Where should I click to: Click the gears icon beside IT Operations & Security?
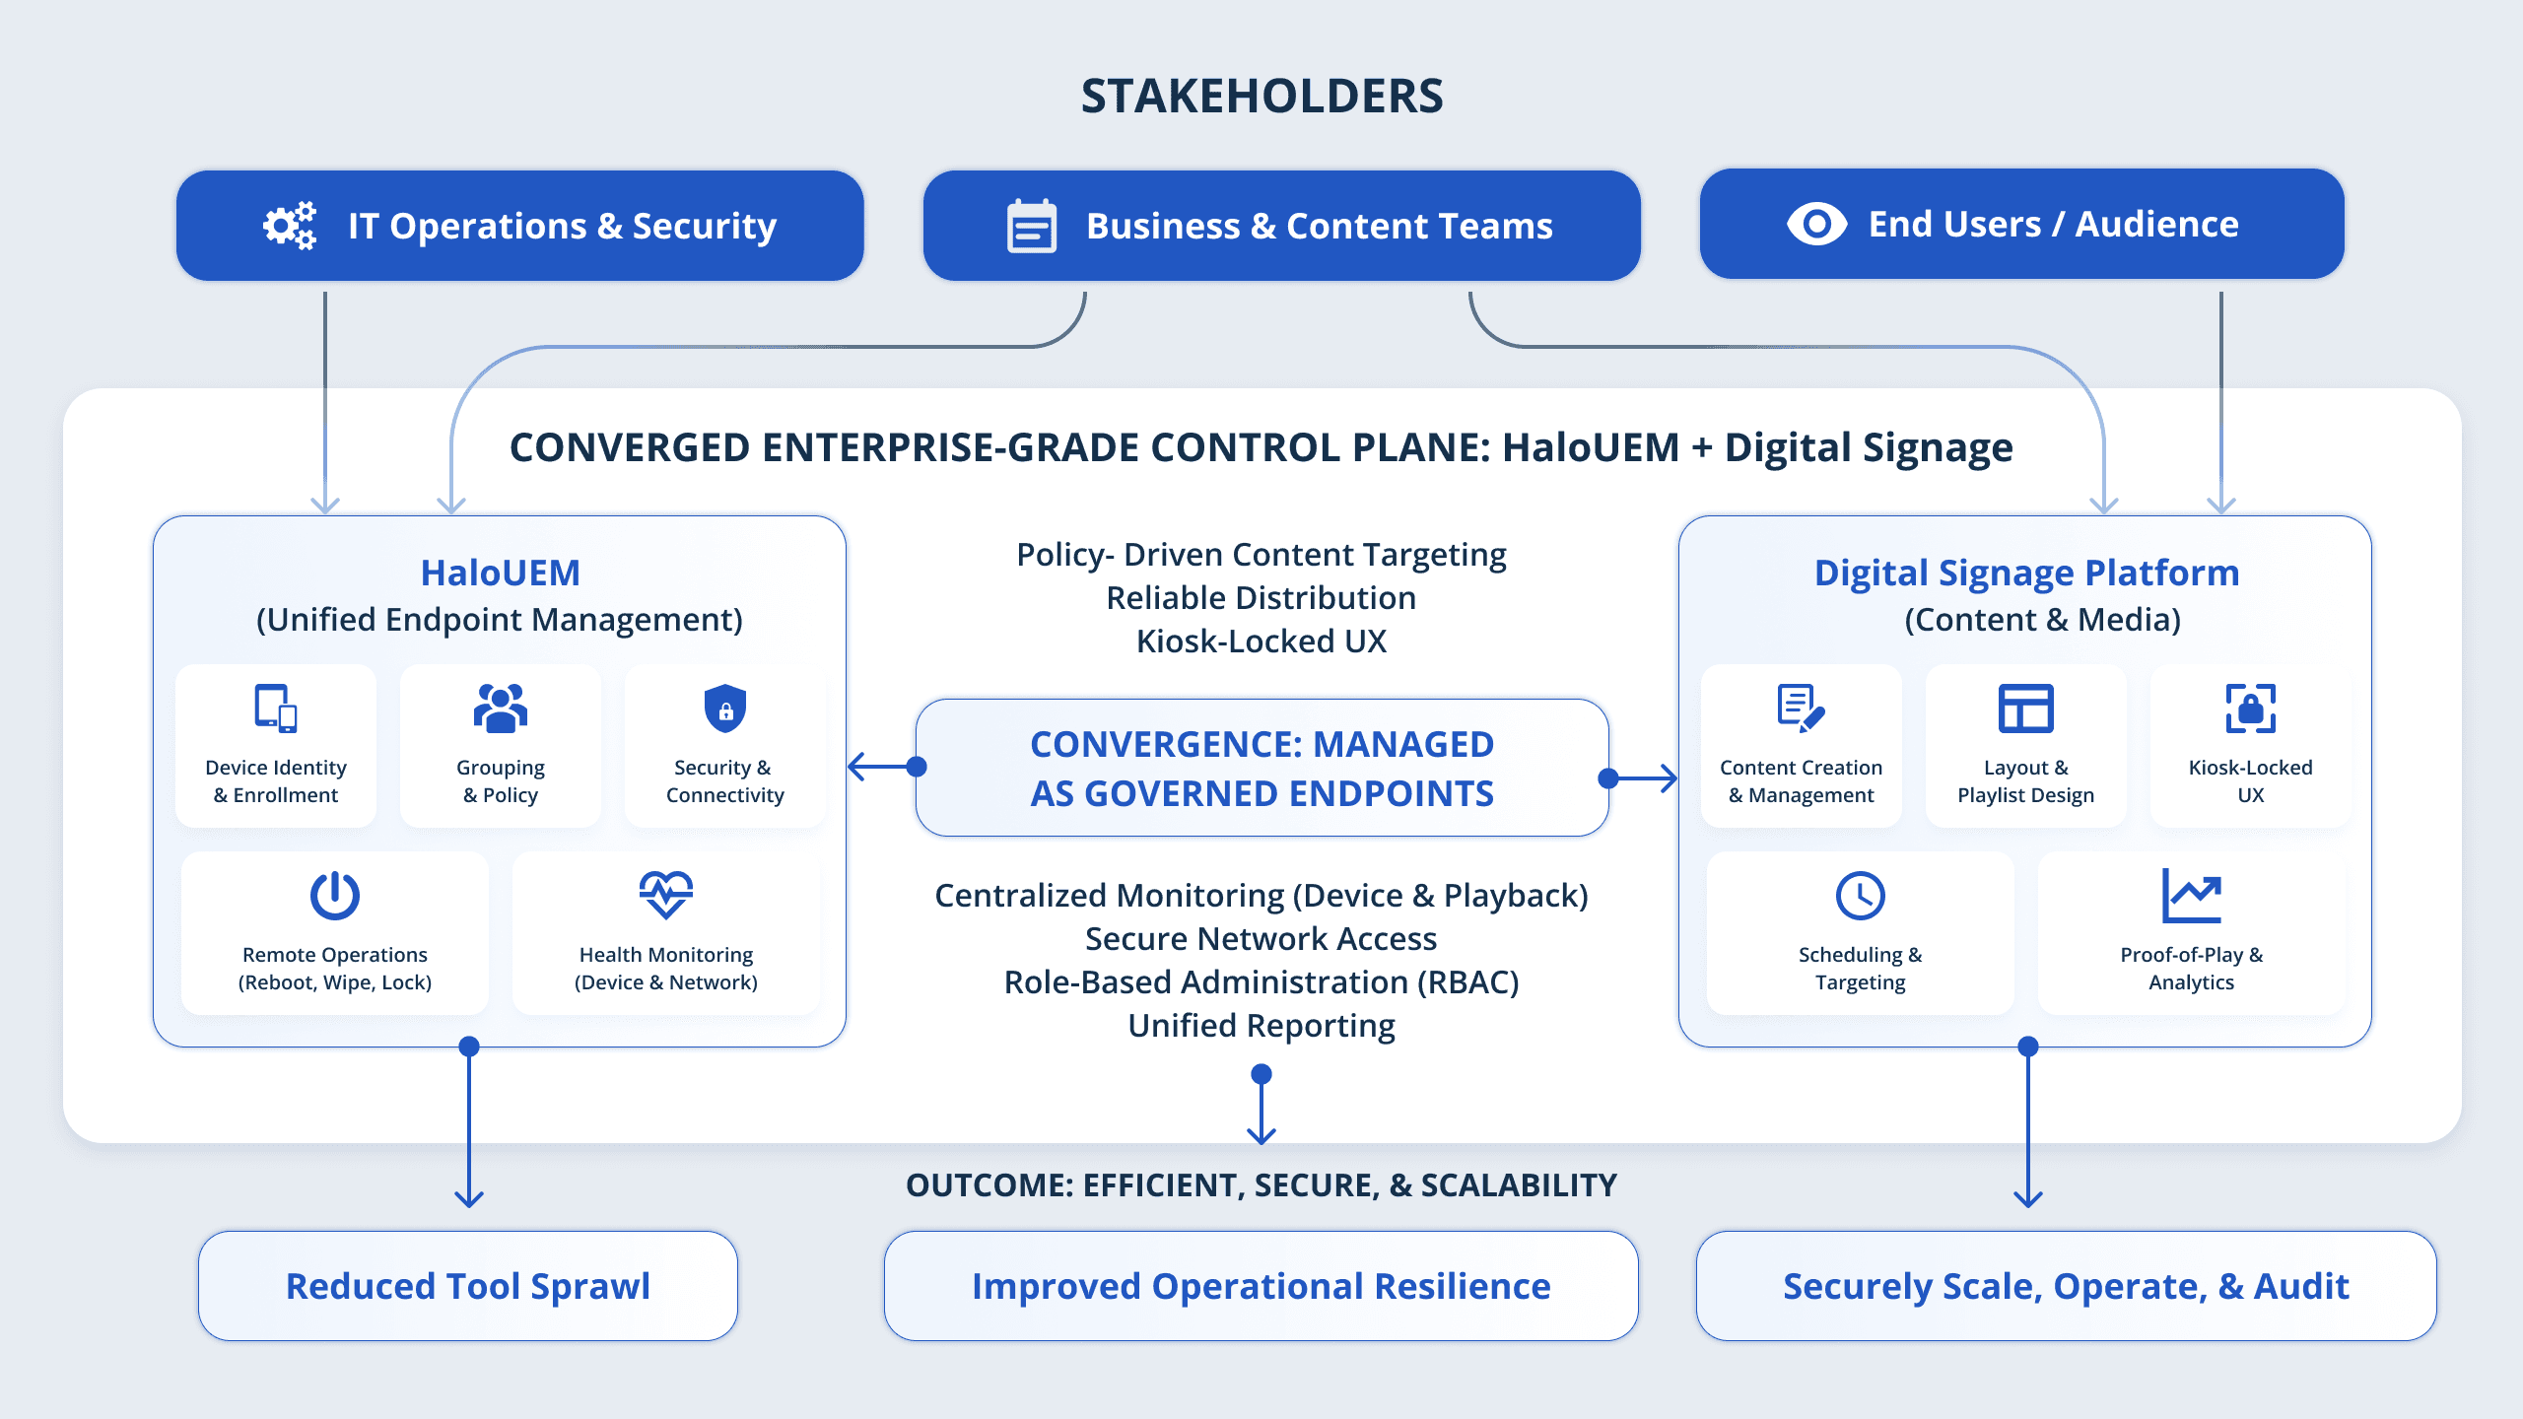pos(290,226)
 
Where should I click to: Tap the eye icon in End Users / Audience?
pos(1816,224)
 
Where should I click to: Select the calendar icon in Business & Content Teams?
pos(1031,227)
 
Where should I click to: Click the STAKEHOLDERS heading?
pos(1261,97)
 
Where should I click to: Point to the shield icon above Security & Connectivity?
pos(725,709)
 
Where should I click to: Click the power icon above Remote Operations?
pos(335,896)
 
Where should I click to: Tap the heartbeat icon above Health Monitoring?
pos(666,895)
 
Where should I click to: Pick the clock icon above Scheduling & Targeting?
pos(1860,896)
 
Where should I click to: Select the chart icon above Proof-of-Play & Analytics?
pos(2191,896)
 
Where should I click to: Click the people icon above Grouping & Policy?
pos(501,709)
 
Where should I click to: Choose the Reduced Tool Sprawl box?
pos(468,1286)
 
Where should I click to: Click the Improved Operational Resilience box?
pos(1261,1286)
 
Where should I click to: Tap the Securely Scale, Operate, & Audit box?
pos(2066,1286)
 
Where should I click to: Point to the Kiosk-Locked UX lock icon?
pos(2250,709)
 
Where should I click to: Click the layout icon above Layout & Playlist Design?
pos(2025,709)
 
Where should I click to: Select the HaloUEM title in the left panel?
pos(500,573)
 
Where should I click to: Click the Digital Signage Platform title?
pos(2026,573)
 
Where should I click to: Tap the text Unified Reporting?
pos(1261,1026)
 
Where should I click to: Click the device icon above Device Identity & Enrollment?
pos(276,709)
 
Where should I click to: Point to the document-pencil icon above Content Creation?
pos(1801,709)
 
